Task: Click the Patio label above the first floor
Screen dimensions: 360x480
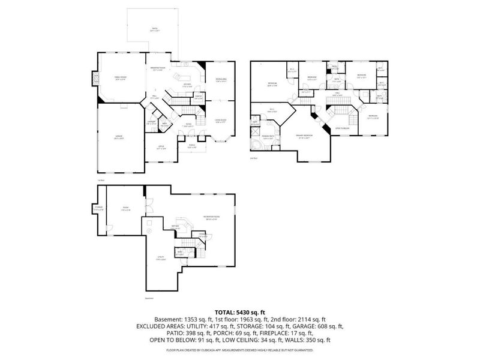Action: [x=154, y=29]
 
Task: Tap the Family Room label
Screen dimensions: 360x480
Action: [x=120, y=78]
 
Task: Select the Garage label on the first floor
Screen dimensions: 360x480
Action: [x=119, y=137]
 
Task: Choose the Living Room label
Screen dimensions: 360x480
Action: [x=220, y=121]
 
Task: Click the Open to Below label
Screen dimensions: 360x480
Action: [x=342, y=128]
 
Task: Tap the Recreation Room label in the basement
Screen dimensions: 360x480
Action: [x=210, y=218]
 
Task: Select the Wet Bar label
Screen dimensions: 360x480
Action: [x=175, y=226]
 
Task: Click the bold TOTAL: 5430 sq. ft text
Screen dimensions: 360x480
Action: [x=240, y=312]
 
